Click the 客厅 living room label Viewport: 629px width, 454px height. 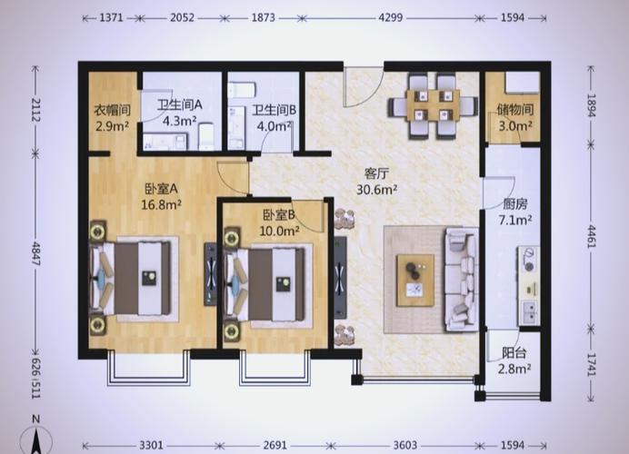tap(376, 174)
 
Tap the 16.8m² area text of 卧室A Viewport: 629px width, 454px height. tap(161, 205)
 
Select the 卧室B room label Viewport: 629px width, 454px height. tap(279, 215)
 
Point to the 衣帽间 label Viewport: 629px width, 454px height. tap(113, 110)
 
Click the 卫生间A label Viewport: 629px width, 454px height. tap(180, 105)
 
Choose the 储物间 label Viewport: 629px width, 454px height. tap(515, 109)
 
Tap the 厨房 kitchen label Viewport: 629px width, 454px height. tap(515, 204)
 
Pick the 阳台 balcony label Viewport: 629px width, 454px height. tap(514, 353)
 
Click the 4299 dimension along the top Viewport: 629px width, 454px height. tap(390, 18)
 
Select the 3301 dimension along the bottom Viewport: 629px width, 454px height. tap(151, 445)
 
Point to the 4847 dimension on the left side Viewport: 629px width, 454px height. tap(35, 253)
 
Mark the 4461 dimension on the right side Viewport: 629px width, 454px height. tap(592, 236)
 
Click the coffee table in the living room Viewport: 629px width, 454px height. tap(415, 280)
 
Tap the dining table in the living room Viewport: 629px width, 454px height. tap(433, 106)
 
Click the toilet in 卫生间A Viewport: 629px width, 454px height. tap(207, 136)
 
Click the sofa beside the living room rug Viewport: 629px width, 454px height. tap(461, 280)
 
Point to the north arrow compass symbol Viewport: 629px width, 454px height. tap(36, 439)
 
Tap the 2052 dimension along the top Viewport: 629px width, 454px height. tap(182, 18)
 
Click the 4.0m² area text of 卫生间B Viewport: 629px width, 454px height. tap(275, 126)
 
